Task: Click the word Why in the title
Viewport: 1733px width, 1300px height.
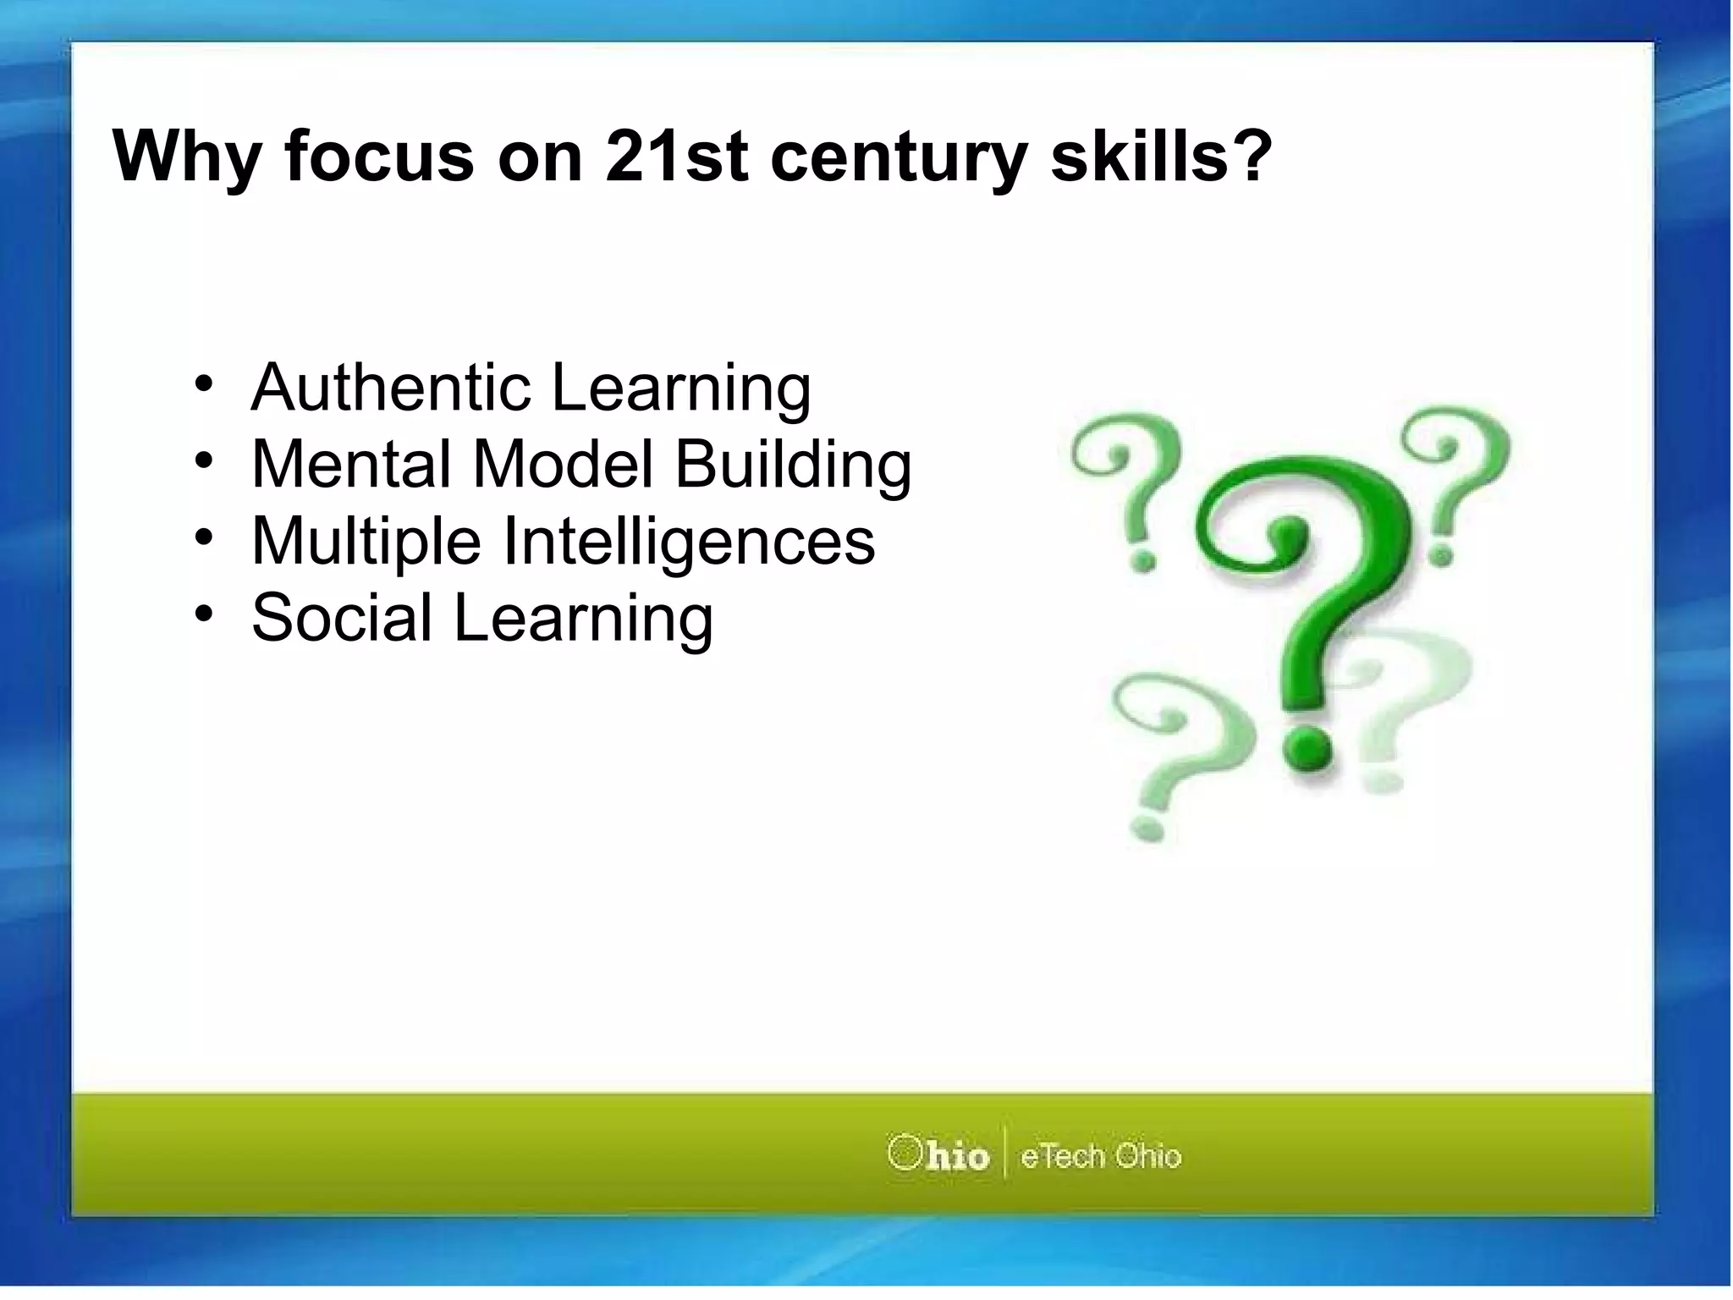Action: coord(186,158)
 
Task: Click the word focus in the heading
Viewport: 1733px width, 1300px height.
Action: coord(380,157)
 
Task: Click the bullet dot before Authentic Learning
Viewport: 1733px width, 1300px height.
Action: coord(203,385)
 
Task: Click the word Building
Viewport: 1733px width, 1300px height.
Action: coord(793,465)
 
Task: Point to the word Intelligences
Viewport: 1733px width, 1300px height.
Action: coord(689,542)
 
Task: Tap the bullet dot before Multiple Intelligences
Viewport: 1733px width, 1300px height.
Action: coord(203,537)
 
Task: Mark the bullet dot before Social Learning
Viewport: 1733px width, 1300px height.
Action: coord(203,614)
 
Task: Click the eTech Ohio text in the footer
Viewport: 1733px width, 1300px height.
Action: coord(1100,1156)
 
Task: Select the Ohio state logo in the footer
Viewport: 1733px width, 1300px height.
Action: coord(938,1154)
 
